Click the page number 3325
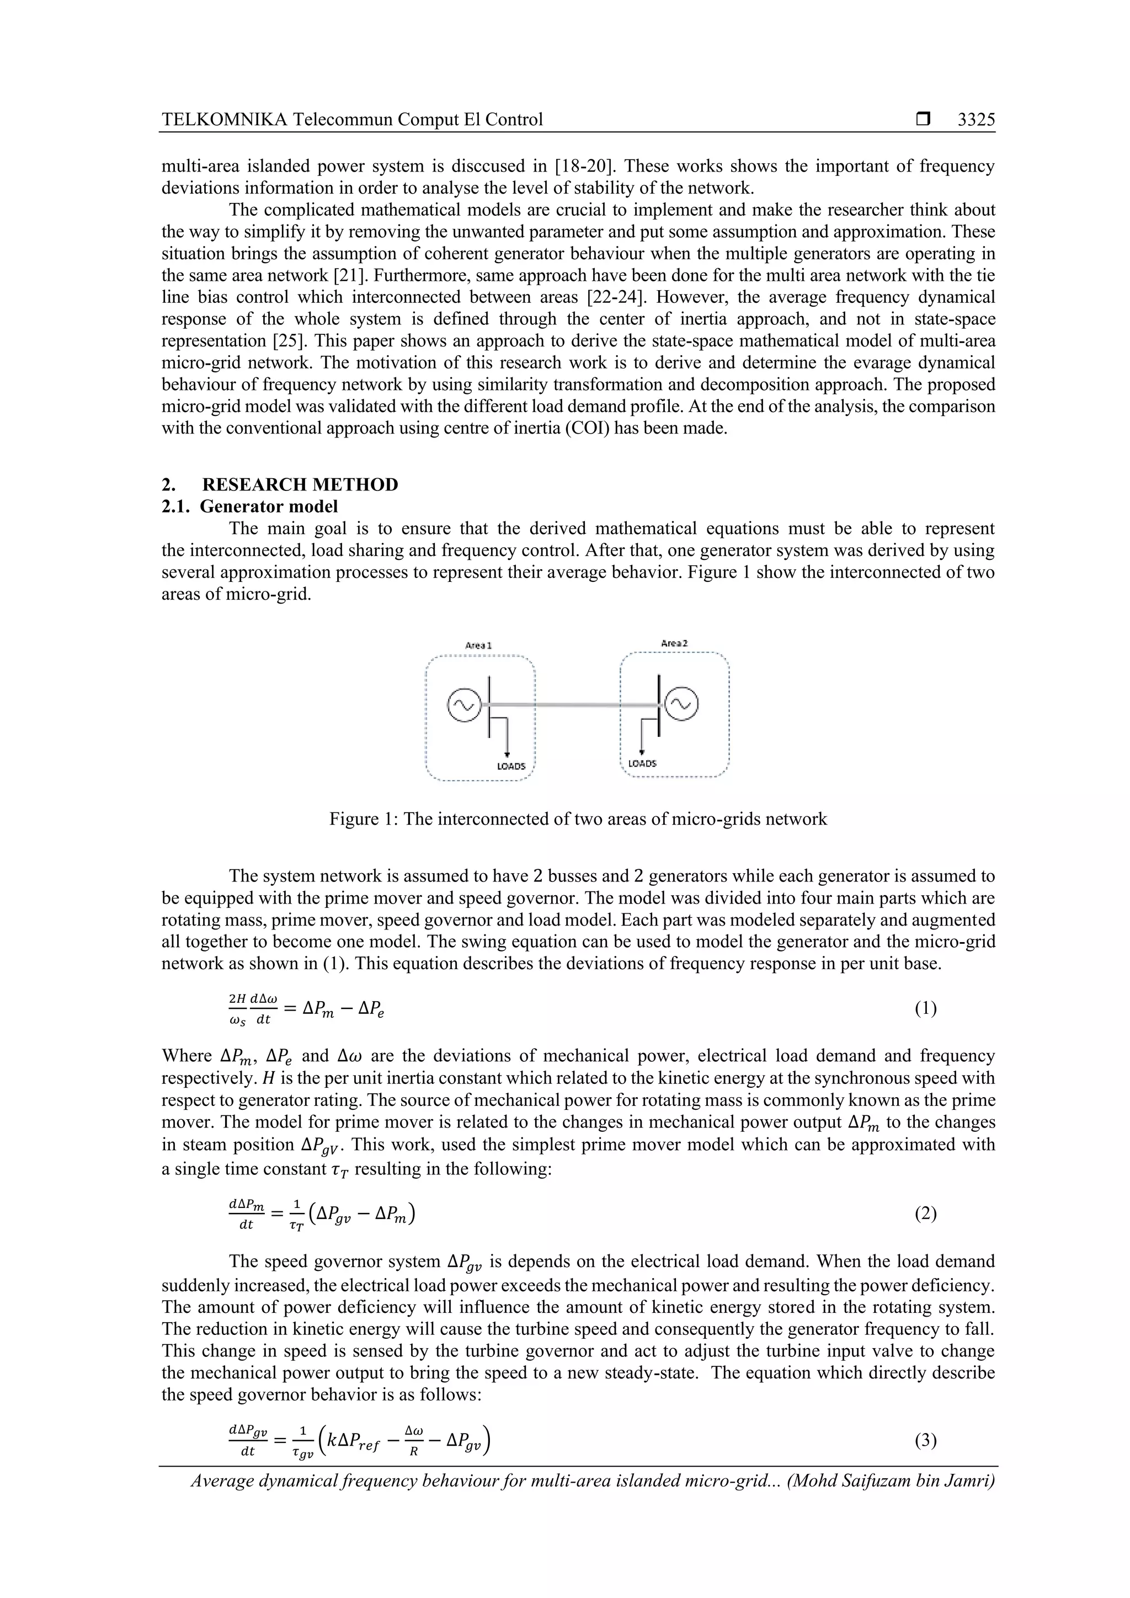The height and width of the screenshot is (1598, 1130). tap(976, 120)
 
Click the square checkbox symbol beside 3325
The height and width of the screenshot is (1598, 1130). tap(923, 120)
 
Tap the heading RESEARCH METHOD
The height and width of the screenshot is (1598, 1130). tap(300, 484)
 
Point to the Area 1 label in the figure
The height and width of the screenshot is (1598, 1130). tap(478, 645)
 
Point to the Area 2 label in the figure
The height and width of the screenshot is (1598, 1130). tap(674, 643)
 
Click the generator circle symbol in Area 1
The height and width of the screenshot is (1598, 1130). tap(463, 705)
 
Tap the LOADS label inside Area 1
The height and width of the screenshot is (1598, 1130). tap(511, 766)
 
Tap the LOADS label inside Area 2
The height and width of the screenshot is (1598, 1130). tap(642, 763)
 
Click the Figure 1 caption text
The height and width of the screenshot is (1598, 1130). tap(578, 819)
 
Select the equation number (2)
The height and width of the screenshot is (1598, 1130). tap(925, 1214)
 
